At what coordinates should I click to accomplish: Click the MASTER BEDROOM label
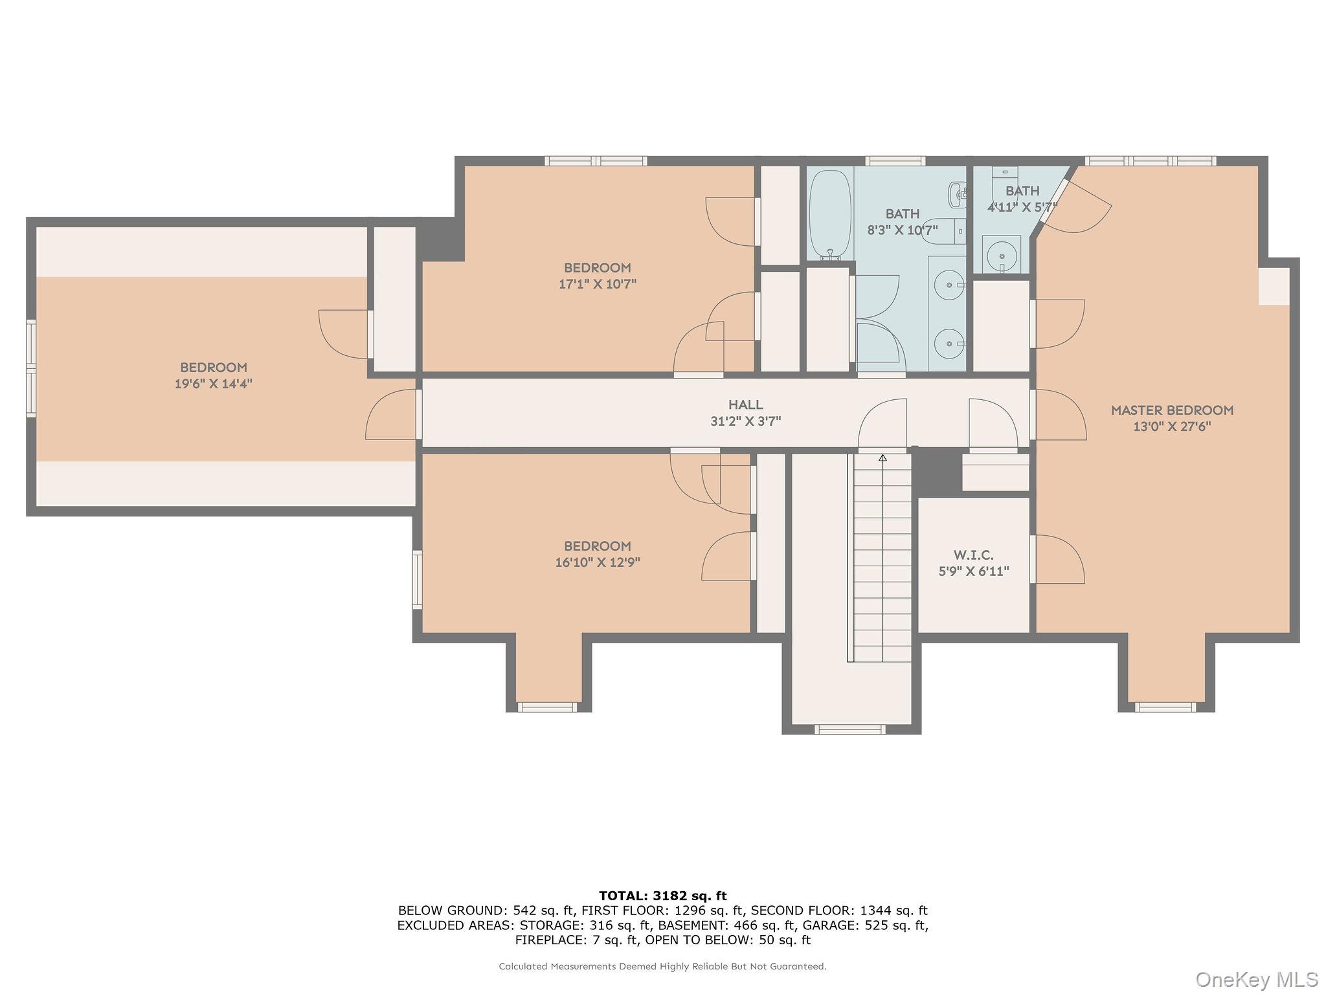1172,410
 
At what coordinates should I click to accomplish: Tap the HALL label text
745,404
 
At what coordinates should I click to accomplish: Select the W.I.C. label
973,555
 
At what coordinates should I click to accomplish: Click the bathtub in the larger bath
829,214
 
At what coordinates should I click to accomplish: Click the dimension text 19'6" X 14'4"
213,384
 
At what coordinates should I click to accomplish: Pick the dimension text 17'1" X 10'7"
597,284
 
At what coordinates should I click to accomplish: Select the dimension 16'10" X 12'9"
597,562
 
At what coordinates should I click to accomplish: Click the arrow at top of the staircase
882,458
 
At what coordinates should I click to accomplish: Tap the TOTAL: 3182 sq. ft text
662,896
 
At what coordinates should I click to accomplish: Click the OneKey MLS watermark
1256,978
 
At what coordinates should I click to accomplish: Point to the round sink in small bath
1000,255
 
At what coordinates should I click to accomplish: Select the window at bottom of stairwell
849,729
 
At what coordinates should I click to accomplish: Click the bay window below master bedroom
1165,707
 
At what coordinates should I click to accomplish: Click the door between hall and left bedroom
392,414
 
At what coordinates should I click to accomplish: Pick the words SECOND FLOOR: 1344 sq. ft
839,911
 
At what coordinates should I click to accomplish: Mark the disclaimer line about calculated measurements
662,966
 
